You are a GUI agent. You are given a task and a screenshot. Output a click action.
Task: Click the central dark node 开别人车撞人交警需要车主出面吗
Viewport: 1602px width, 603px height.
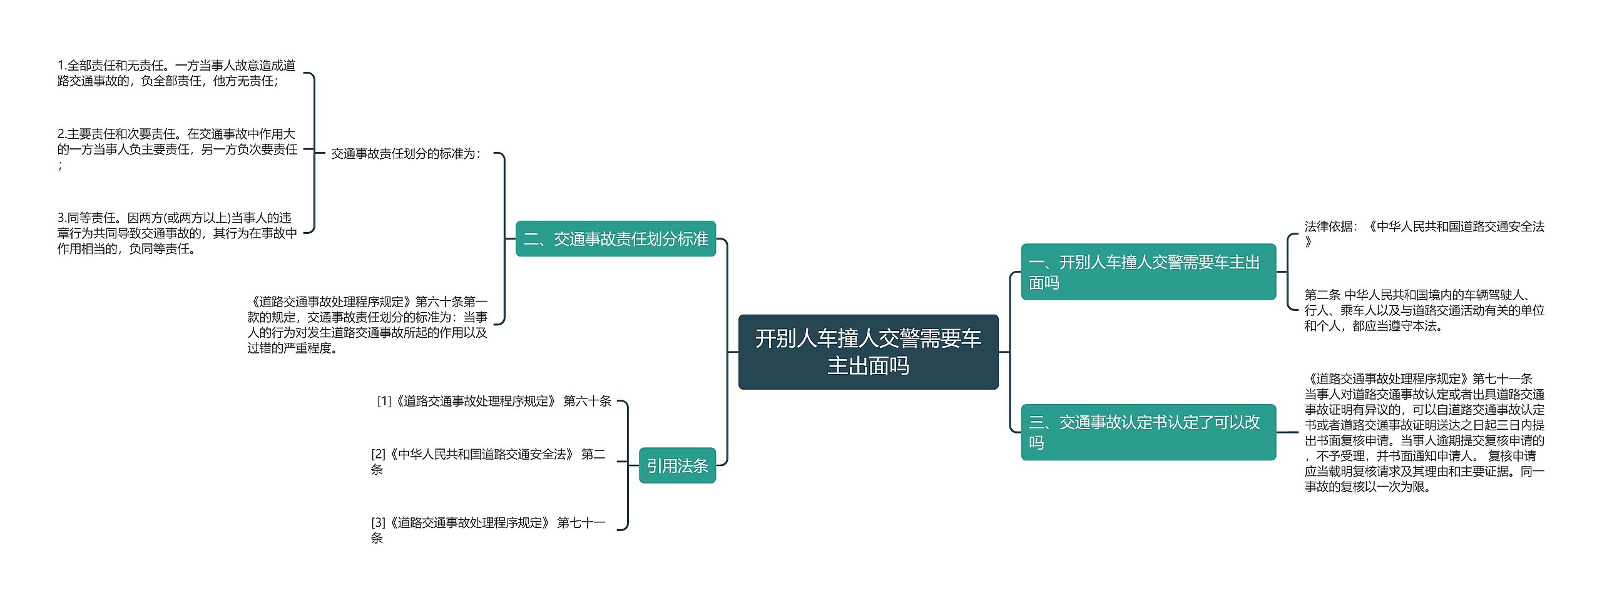point(868,352)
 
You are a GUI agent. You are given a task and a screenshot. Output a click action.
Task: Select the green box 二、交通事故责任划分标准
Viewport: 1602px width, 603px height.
point(615,239)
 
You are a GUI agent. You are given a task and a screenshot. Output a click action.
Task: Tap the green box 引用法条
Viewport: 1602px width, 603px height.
point(677,466)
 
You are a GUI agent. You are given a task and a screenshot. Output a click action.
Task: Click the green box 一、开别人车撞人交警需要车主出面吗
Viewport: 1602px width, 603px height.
point(1148,272)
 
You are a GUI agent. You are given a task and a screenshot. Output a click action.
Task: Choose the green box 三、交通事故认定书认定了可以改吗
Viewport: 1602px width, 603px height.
point(1148,432)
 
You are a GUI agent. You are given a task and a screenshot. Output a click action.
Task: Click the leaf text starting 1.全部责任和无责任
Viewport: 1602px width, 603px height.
point(176,73)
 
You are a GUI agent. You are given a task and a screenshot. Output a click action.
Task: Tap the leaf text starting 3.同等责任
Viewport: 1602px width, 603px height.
point(177,233)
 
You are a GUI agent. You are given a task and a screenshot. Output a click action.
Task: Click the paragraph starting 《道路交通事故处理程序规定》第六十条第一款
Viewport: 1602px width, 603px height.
point(367,325)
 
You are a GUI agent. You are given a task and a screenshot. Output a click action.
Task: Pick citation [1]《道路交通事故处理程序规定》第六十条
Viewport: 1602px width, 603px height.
point(494,402)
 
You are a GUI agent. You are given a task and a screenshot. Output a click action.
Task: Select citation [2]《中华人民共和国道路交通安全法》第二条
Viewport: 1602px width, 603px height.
point(488,462)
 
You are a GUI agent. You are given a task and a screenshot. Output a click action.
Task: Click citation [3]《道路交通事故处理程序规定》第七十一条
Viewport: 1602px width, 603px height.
point(488,530)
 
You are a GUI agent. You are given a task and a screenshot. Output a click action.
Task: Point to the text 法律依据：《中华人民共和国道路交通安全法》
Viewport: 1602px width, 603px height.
point(1424,234)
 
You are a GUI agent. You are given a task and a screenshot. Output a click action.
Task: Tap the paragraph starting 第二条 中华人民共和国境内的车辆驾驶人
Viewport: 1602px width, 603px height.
point(1424,310)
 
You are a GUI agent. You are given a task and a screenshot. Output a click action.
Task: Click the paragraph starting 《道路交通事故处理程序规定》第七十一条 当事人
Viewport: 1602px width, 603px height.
point(1424,433)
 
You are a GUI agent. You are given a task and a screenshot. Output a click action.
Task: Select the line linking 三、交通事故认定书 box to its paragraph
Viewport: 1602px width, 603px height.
point(1287,432)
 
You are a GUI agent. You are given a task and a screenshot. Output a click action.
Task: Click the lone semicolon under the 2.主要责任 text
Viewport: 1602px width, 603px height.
point(60,166)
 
